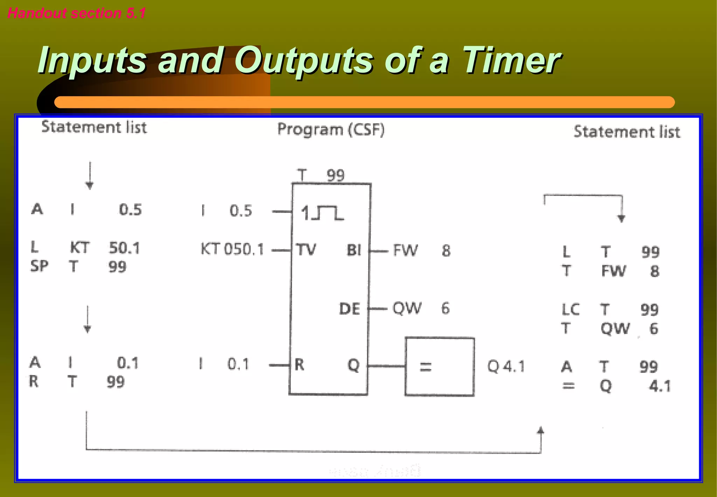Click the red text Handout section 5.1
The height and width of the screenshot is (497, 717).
76,13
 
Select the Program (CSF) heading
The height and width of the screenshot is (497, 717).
331,129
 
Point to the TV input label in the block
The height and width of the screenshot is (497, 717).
306,250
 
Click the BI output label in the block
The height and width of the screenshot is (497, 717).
354,250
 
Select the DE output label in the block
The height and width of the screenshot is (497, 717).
349,309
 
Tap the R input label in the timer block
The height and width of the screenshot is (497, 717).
299,365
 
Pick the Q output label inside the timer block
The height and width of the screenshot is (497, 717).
353,365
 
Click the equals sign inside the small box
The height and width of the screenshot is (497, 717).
425,367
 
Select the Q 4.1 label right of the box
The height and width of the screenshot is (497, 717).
506,367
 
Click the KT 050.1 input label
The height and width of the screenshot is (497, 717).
232,250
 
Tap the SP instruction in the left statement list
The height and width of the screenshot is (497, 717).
39,266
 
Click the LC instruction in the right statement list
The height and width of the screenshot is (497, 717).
570,309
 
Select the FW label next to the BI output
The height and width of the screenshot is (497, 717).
405,250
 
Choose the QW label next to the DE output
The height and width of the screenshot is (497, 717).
407,308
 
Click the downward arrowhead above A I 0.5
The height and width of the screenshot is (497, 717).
90,186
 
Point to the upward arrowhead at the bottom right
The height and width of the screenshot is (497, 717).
541,430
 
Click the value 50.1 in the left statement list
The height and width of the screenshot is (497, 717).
124,248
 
